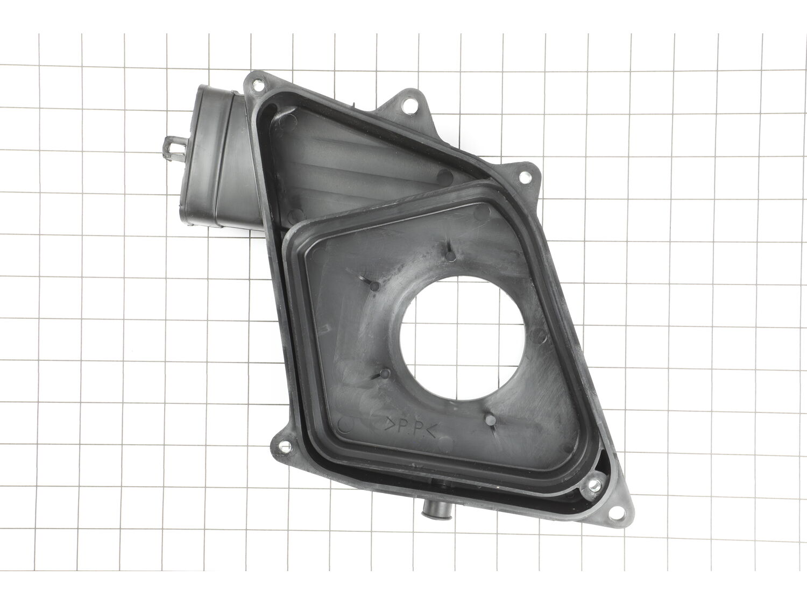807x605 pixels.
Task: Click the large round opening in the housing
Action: (x=462, y=338)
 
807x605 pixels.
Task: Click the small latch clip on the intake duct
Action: (x=176, y=149)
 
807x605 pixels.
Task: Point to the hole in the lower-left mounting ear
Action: (x=285, y=446)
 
